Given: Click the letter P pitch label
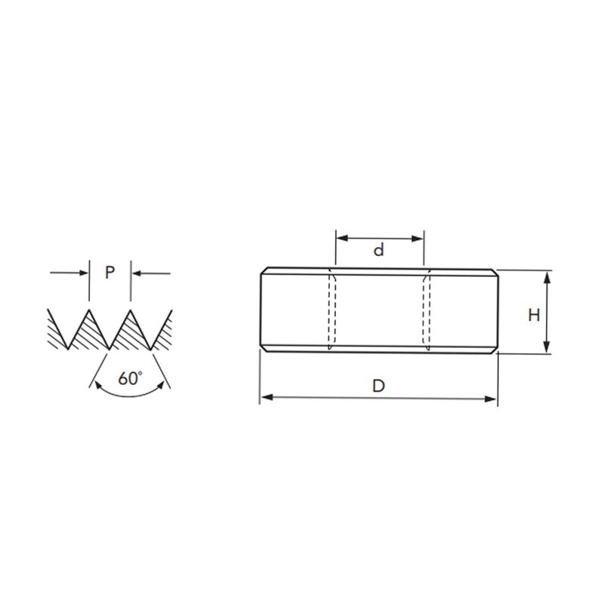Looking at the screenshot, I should [x=109, y=273].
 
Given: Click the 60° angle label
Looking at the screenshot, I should [x=130, y=379].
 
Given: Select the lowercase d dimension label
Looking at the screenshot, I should [x=379, y=250].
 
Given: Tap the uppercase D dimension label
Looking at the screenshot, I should [x=379, y=386].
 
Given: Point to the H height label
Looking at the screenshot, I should [x=534, y=315].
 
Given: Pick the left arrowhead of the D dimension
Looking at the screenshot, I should [x=265, y=398].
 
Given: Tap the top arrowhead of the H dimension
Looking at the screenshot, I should [x=547, y=276].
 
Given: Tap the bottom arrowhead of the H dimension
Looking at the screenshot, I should [x=547, y=348].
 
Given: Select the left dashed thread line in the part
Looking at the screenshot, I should [x=331, y=311].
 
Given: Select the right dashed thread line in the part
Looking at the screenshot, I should [x=427, y=311].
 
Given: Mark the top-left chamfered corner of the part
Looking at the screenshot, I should [x=263, y=271].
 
